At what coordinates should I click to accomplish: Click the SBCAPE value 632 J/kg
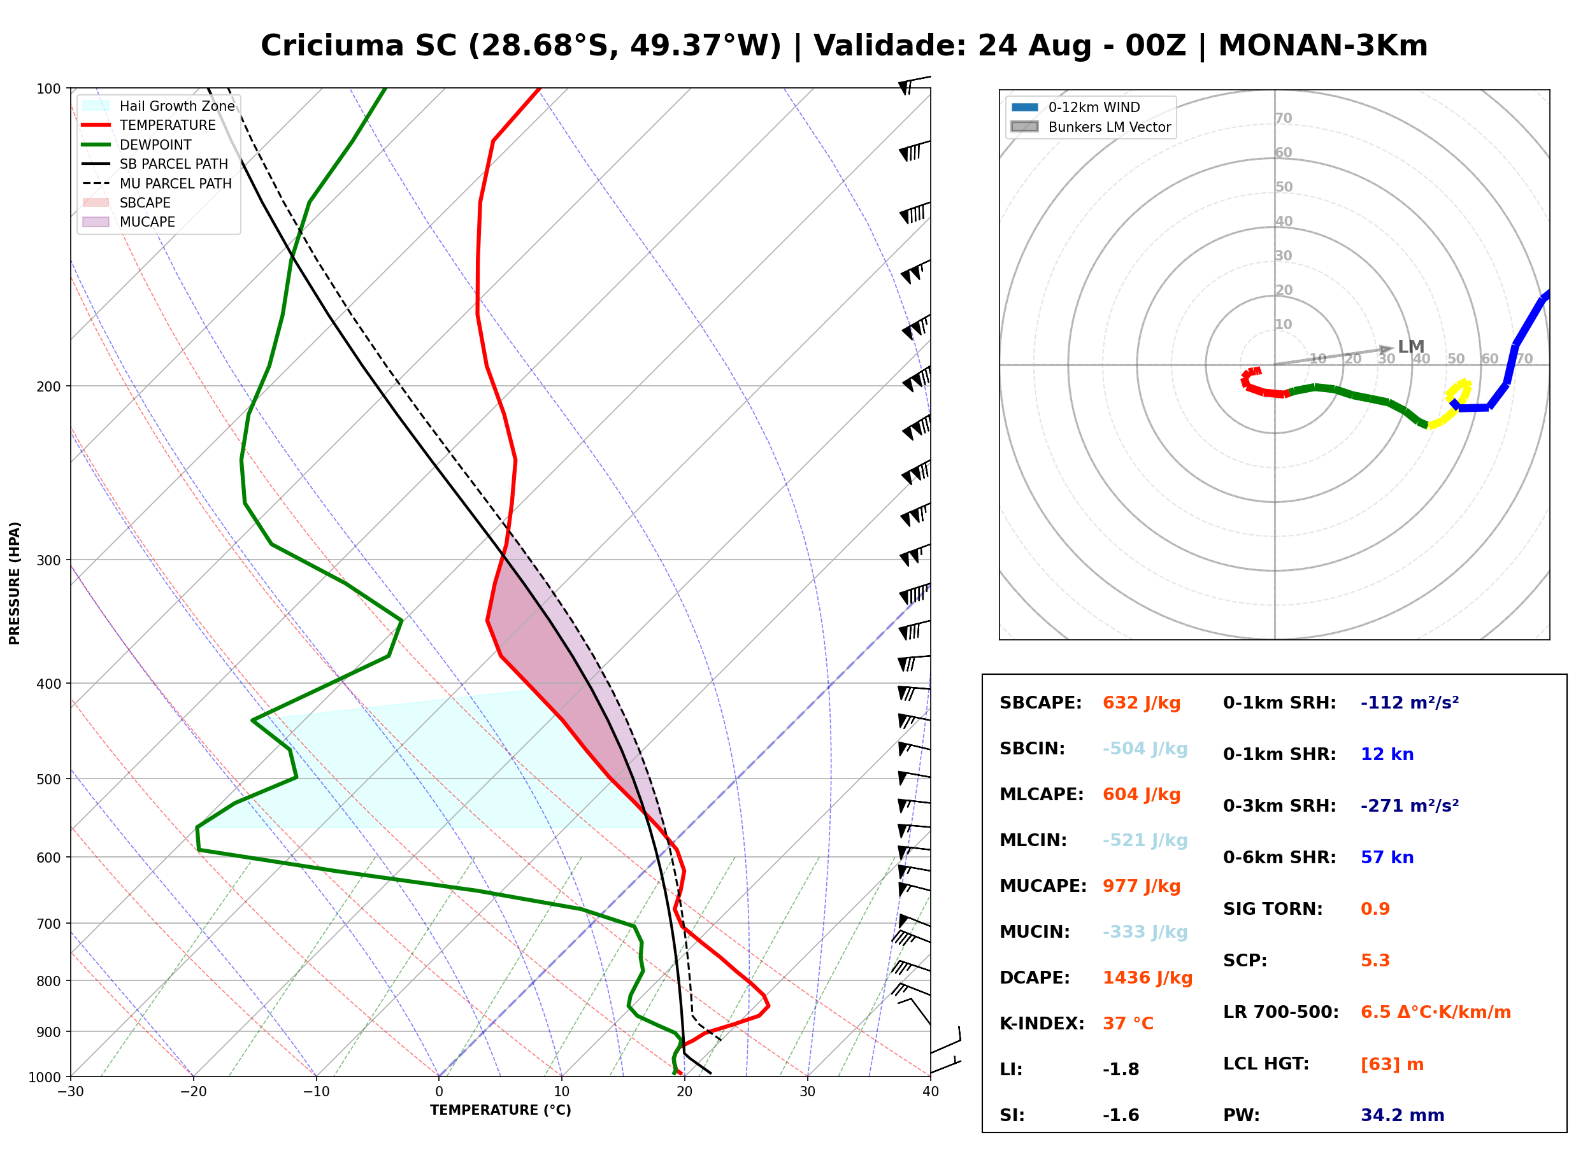point(1142,703)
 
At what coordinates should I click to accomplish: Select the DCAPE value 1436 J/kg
point(1147,978)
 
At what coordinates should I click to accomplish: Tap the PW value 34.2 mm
point(1403,1115)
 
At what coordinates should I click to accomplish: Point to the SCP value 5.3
point(1375,961)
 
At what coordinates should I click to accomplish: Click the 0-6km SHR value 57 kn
point(1387,858)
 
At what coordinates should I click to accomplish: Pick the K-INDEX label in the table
point(1042,1024)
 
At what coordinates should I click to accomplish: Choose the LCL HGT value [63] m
point(1392,1064)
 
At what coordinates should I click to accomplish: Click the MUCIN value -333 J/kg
point(1145,932)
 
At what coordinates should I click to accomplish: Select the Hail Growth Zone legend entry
point(159,106)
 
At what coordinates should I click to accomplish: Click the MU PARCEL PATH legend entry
point(157,183)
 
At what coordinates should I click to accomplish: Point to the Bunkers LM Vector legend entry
point(1091,127)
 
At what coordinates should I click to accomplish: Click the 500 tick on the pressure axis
point(50,779)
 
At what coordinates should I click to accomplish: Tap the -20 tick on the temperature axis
point(193,1092)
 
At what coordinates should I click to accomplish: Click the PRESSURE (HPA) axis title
point(15,583)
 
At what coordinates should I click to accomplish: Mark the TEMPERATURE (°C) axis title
point(501,1110)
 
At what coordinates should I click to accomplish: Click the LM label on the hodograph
point(1411,347)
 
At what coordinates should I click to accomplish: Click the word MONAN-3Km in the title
point(1322,46)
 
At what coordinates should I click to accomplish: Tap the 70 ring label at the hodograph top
point(1283,118)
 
